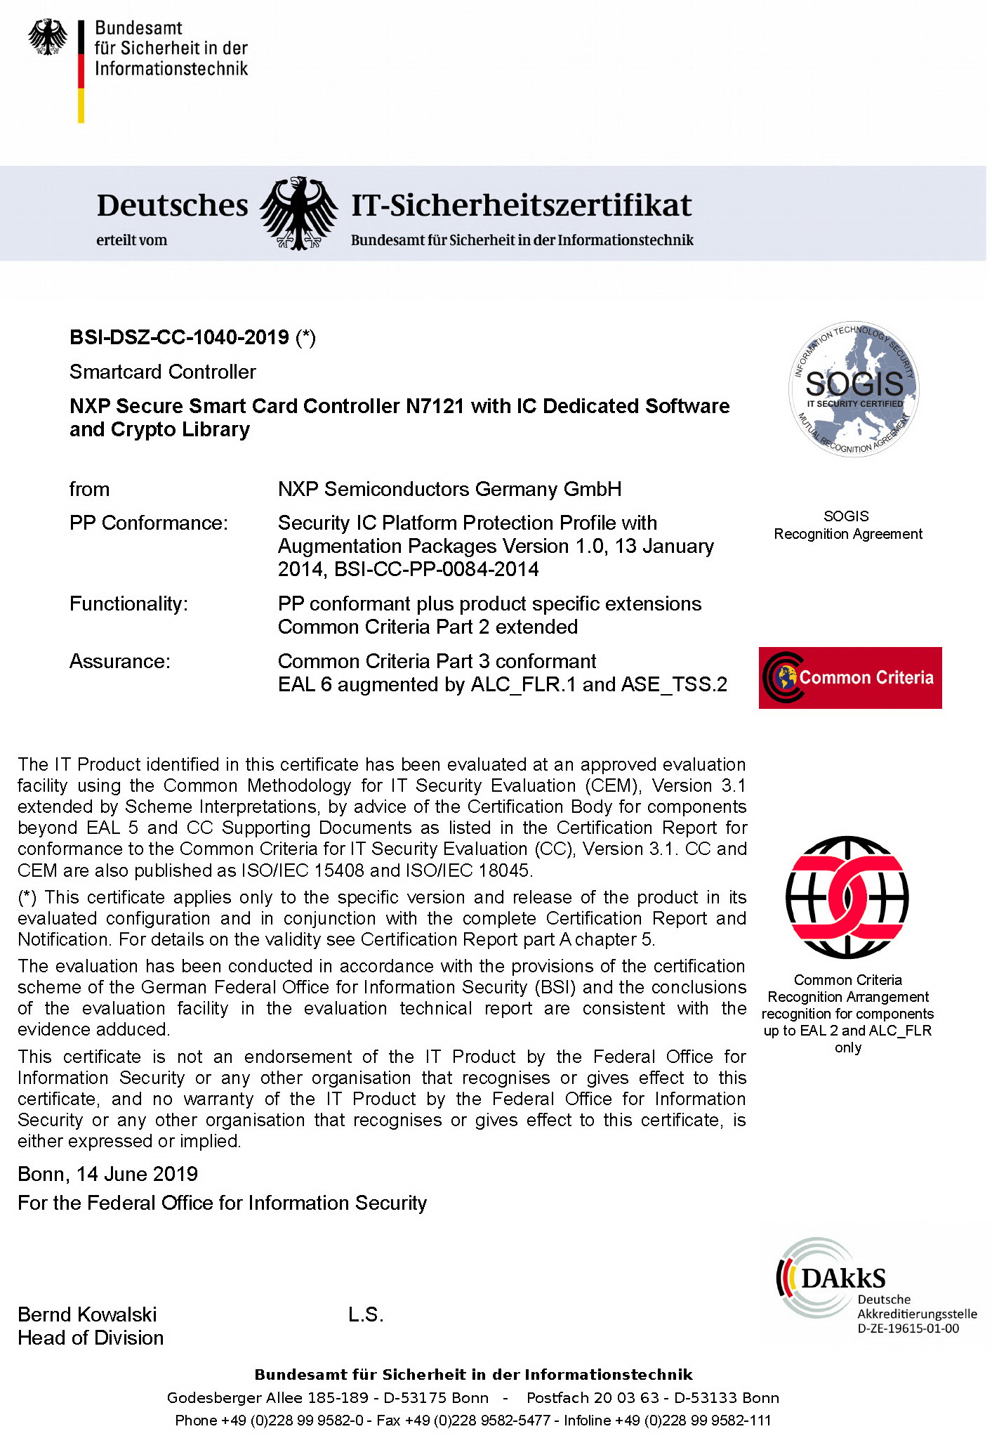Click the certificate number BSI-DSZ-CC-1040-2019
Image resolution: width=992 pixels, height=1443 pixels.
coord(179,338)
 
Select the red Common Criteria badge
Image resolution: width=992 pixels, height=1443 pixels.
coord(850,678)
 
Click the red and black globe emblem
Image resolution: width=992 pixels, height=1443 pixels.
coord(847,898)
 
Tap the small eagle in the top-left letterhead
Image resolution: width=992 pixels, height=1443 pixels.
coord(48,37)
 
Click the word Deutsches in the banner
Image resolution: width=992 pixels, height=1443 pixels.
coord(173,205)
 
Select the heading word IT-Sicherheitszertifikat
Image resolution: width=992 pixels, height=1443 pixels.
coord(521,205)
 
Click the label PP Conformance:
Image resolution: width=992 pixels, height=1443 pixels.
coord(149,523)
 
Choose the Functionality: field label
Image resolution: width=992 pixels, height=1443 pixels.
coord(128,604)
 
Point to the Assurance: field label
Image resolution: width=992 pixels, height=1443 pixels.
coord(120,662)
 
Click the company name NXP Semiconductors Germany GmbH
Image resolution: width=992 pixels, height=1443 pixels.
coord(449,490)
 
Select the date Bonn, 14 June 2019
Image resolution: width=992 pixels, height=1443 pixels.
coord(107,1174)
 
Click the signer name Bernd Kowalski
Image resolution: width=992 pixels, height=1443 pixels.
coord(87,1314)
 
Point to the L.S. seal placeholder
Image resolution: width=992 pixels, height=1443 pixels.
coord(366,1315)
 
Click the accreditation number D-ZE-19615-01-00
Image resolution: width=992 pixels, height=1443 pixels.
coord(908,1328)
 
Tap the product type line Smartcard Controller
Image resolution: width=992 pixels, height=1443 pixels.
coord(163,372)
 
